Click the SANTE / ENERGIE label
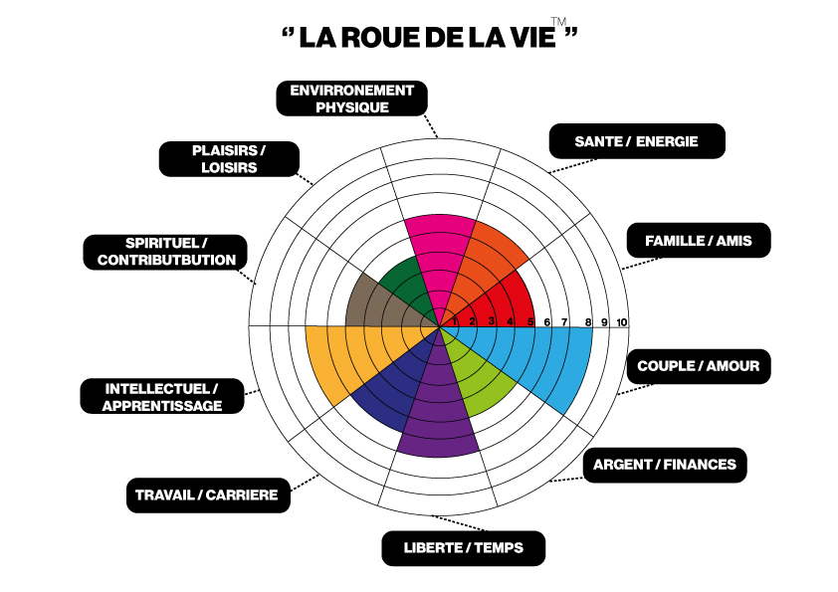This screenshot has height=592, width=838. coord(637,141)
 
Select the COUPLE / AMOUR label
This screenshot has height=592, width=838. coord(699,366)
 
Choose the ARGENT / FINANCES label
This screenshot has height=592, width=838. coord(665,465)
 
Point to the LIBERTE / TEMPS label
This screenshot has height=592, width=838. coord(463,547)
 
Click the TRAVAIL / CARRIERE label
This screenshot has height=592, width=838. coord(207,494)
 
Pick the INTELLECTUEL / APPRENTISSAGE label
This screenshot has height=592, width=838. coord(163,396)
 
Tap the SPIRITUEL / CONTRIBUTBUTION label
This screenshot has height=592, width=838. coord(166,252)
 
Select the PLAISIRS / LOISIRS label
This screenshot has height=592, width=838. coord(229,159)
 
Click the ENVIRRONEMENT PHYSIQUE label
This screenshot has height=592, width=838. coord(351,98)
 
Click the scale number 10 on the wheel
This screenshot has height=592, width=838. coord(621,321)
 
